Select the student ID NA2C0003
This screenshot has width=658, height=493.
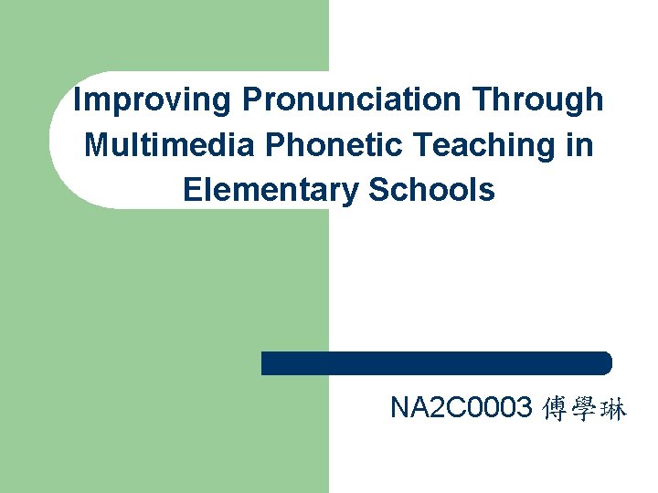click(461, 409)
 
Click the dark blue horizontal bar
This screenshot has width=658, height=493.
click(436, 363)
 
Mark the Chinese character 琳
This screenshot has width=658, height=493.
click(614, 410)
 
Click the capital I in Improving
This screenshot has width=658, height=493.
click(77, 100)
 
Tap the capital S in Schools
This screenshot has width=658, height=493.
click(377, 190)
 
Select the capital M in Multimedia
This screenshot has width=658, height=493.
click(96, 145)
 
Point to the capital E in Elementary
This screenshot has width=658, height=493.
click(192, 190)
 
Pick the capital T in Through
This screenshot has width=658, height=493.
click(483, 100)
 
